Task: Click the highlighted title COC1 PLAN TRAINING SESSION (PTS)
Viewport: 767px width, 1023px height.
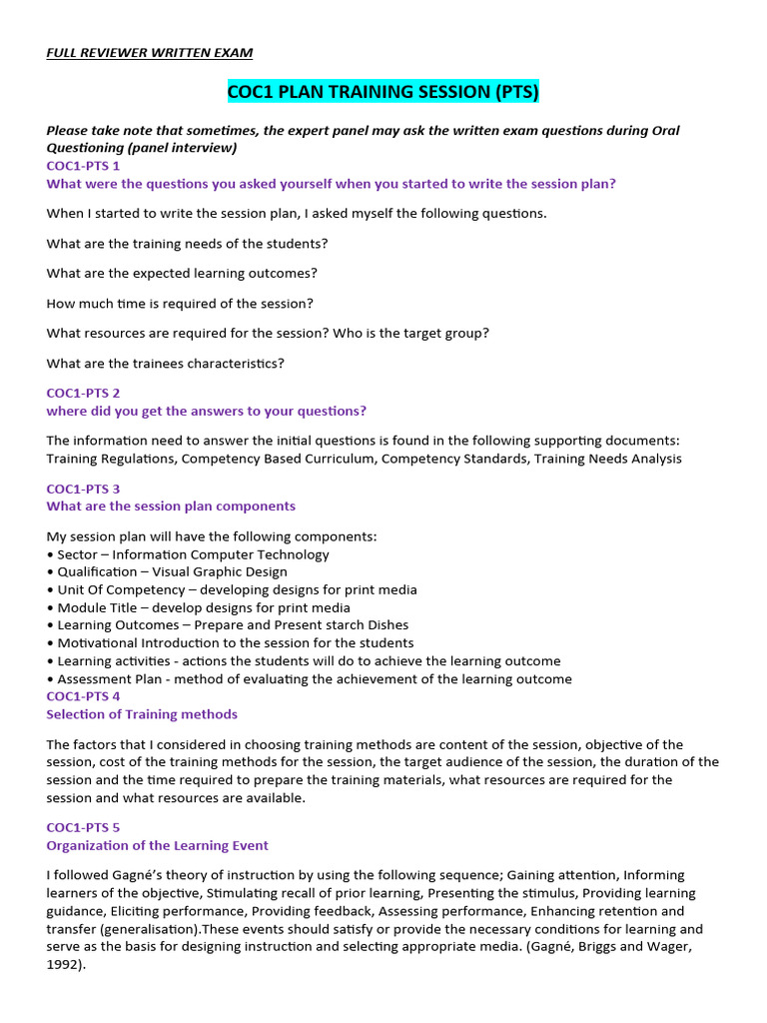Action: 383,93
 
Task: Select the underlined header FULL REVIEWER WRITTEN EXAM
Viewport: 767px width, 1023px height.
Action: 150,52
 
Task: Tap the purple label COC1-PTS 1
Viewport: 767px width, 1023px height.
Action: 83,166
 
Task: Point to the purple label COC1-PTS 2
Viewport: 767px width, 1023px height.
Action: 83,394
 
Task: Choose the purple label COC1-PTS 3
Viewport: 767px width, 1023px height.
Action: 83,489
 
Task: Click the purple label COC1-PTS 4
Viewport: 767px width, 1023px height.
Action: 83,696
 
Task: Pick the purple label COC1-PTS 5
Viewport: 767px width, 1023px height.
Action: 83,827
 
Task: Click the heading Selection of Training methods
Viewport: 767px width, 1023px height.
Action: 142,714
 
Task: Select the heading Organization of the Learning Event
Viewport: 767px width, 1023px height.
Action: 157,845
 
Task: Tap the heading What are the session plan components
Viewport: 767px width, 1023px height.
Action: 171,507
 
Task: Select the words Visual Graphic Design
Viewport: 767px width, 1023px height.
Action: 220,572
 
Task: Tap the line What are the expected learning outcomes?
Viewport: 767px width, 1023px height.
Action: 183,274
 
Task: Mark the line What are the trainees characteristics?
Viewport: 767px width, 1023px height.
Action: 166,364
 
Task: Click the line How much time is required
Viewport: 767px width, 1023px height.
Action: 180,304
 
